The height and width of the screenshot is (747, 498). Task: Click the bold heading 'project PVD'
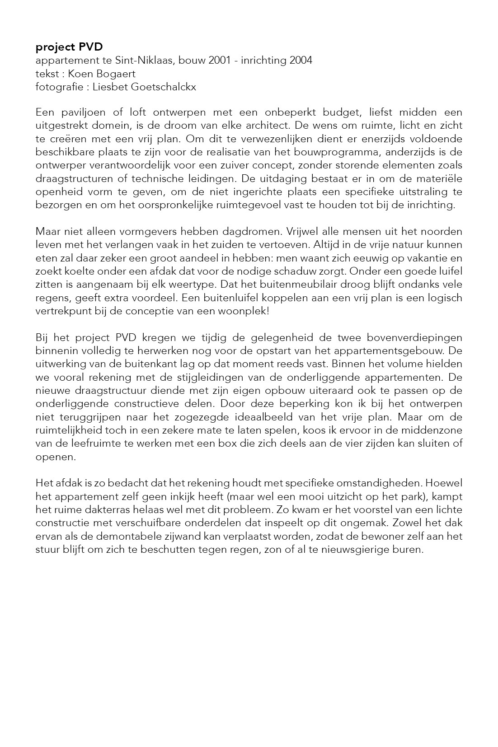pyautogui.click(x=69, y=47)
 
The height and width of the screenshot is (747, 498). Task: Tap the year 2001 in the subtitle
pyautogui.click(x=220, y=61)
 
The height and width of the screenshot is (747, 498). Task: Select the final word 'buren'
pyautogui.click(x=409, y=550)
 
